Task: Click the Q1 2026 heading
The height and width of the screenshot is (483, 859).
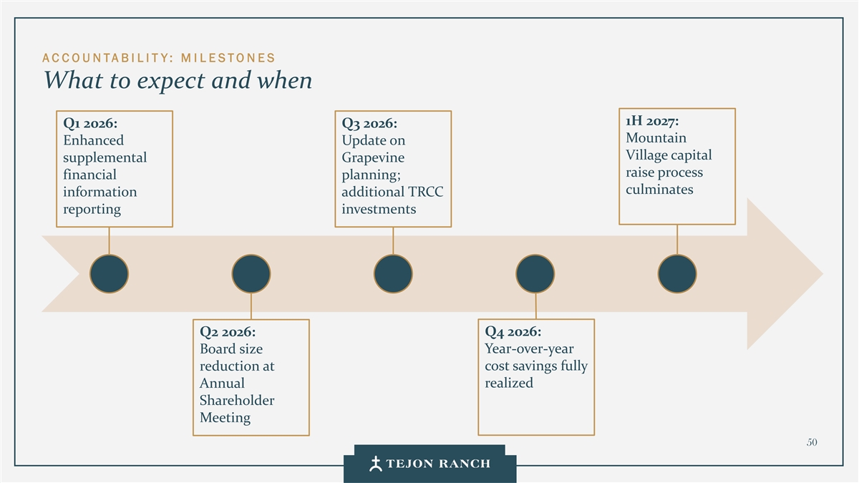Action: (x=90, y=123)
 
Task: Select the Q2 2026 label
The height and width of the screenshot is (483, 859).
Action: (x=228, y=332)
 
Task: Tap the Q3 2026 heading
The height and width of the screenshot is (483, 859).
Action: (x=369, y=123)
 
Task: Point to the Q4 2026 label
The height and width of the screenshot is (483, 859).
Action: (x=513, y=332)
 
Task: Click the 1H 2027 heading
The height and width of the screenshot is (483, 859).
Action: (x=652, y=120)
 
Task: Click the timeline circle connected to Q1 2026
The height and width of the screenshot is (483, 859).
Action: (x=110, y=274)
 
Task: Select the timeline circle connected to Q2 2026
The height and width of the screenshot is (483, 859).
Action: (x=251, y=274)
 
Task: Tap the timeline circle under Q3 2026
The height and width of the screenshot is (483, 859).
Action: (x=393, y=274)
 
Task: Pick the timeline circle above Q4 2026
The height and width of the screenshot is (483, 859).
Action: (x=535, y=274)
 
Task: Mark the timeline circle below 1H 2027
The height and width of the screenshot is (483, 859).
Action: (x=676, y=274)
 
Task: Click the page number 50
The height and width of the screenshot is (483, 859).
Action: (x=811, y=442)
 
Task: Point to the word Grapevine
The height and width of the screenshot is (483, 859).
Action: (x=373, y=157)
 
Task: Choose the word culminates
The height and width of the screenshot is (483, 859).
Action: (x=659, y=190)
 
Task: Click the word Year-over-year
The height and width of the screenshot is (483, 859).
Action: (x=529, y=349)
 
